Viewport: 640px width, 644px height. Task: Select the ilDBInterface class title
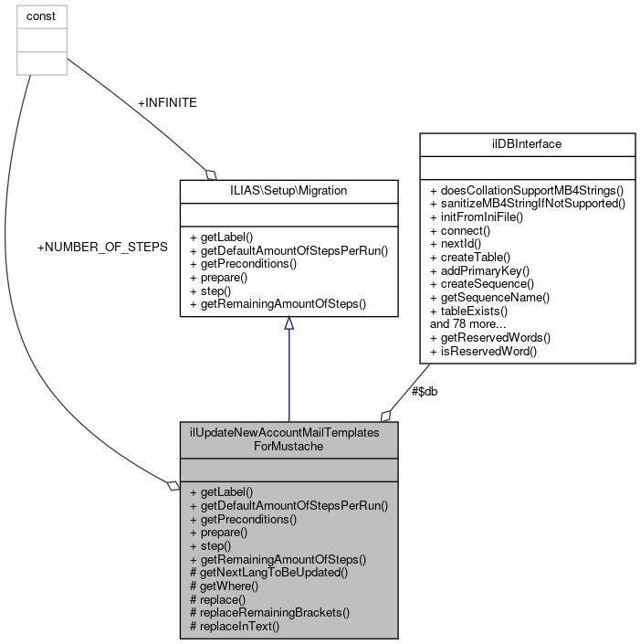click(526, 144)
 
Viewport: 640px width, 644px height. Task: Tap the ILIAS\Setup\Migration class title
click(289, 191)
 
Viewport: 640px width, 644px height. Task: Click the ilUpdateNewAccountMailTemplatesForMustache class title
click(289, 439)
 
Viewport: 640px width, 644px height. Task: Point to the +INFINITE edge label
click(167, 103)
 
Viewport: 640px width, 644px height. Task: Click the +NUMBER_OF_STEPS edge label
click(102, 248)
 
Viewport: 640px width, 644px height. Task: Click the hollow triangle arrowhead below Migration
click(289, 323)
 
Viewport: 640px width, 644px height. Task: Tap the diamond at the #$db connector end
click(387, 416)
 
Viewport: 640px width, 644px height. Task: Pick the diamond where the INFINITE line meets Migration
click(210, 174)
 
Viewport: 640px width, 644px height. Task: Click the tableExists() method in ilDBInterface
click(468, 311)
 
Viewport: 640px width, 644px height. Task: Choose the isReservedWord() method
click(483, 350)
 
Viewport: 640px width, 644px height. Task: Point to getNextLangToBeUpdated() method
click(268, 572)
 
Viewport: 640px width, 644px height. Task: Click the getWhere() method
click(224, 586)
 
